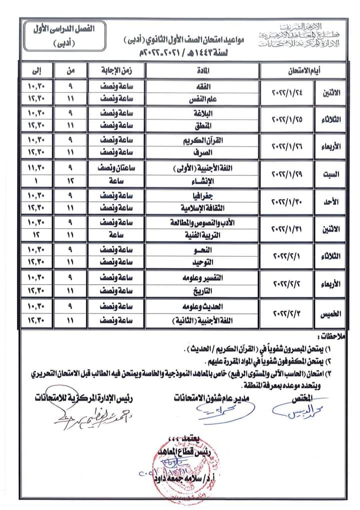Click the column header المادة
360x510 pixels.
(203, 70)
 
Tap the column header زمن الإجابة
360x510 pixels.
(117, 70)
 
